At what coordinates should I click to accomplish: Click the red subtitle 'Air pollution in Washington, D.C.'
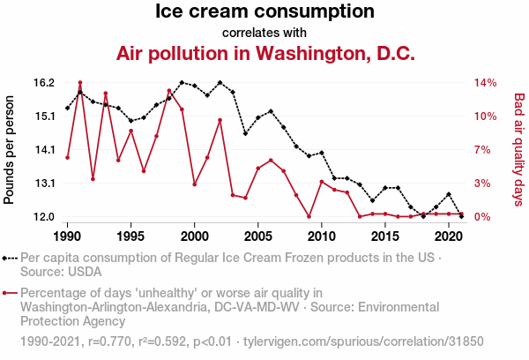point(264,54)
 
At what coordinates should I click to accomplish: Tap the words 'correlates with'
point(264,33)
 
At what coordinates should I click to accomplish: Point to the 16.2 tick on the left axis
point(44,83)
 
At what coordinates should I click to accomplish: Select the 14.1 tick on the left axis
point(44,150)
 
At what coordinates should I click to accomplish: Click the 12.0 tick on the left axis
point(44,217)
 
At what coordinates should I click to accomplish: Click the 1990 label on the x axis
point(67,236)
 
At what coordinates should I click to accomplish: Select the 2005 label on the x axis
point(258,236)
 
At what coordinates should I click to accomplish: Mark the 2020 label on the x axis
point(449,236)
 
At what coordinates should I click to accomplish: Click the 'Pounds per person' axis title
point(10,150)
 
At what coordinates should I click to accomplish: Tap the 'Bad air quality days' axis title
point(519,150)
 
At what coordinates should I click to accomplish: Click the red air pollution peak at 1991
point(80,83)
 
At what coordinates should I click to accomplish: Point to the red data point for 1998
point(169,91)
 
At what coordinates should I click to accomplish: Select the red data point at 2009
point(309,217)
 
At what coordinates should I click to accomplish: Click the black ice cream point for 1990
point(68,109)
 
